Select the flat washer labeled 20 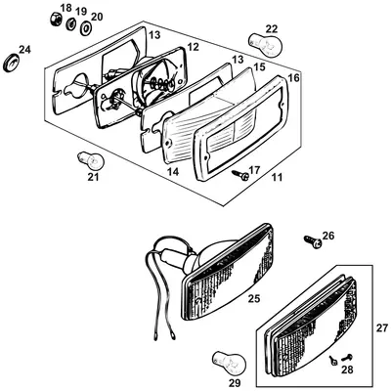tap(86, 28)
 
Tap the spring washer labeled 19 tap(70, 23)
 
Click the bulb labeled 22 tap(265, 44)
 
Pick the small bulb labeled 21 tap(91, 160)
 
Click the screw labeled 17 tap(240, 175)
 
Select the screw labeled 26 tap(313, 241)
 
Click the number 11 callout tap(277, 178)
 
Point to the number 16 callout tap(293, 78)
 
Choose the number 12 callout tap(193, 48)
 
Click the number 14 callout tap(173, 172)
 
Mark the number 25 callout tap(254, 298)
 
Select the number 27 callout tap(382, 327)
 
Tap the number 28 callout tap(347, 369)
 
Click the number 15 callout tap(259, 66)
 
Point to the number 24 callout tap(24, 50)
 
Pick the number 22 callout tap(272, 28)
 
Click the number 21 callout tap(93, 178)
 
